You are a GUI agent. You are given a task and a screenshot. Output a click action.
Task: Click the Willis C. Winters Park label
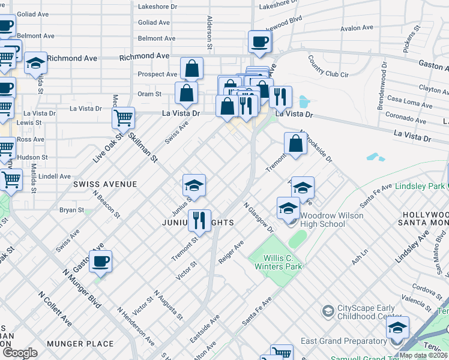[x=276, y=262]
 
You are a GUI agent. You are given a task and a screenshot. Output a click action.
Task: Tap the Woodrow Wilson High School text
[x=331, y=220]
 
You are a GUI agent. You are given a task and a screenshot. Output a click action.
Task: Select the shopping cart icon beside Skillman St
[x=123, y=118]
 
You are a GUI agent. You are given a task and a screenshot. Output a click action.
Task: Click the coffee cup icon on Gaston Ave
[x=101, y=261]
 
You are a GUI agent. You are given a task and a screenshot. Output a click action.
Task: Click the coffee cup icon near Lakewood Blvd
[x=259, y=41]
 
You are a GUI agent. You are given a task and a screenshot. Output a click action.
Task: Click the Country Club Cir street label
[x=328, y=66]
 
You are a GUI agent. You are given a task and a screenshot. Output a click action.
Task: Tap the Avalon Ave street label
[x=357, y=28]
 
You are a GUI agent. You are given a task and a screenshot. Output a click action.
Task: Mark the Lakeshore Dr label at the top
[x=158, y=7]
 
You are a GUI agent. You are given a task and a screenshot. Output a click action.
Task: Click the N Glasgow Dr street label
[x=258, y=217]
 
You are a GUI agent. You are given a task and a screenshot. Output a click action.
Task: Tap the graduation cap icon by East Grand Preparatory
[x=397, y=328]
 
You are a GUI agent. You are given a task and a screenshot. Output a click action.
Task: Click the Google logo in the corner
[x=19, y=353]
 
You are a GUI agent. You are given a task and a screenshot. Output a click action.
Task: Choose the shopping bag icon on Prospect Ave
[x=191, y=68]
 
